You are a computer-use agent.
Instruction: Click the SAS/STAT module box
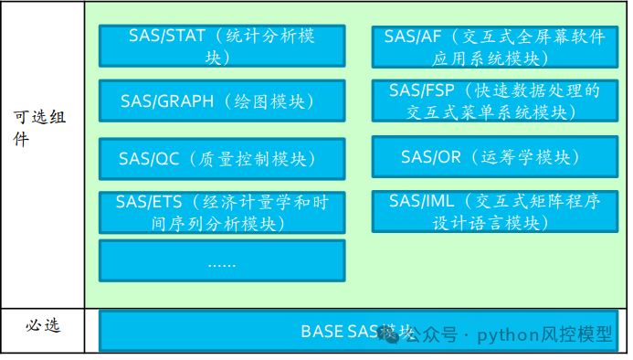pyautogui.click(x=221, y=46)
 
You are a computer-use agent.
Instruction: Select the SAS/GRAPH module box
pyautogui.click(x=221, y=101)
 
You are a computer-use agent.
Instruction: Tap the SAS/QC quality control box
pyautogui.click(x=221, y=158)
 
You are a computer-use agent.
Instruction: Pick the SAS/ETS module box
pyautogui.click(x=221, y=212)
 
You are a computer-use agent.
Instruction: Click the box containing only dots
pyautogui.click(x=221, y=260)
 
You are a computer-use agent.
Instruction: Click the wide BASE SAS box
pyautogui.click(x=357, y=331)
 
